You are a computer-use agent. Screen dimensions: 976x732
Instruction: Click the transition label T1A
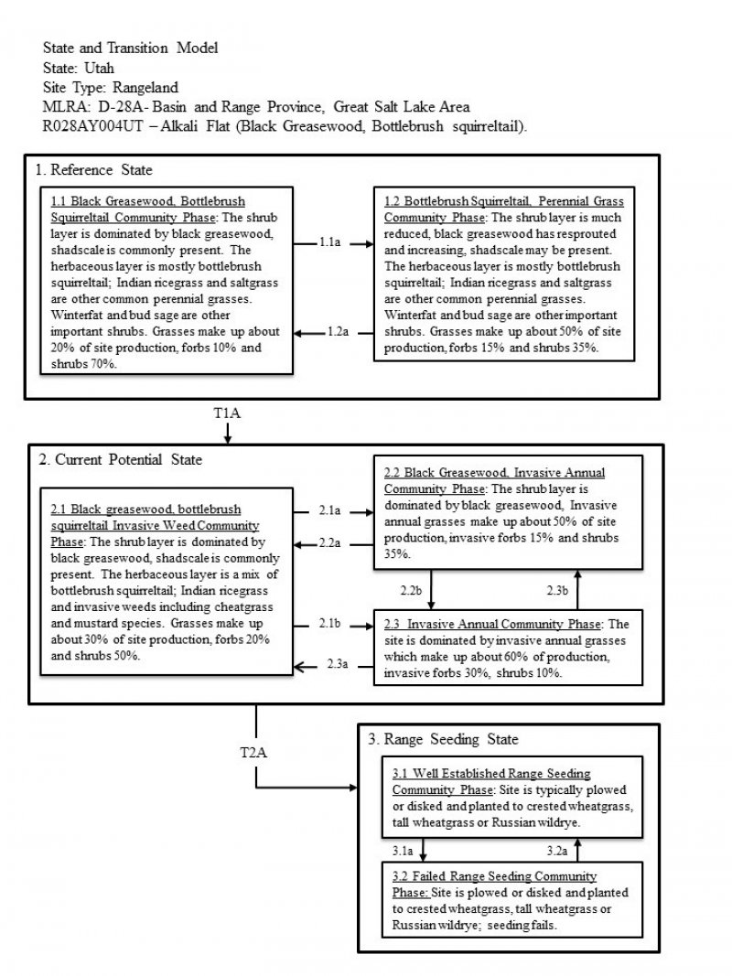226,413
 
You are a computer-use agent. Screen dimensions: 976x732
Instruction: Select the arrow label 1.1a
332,242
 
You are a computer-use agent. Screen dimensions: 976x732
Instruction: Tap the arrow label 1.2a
338,332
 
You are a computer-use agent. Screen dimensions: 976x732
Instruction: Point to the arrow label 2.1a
329,509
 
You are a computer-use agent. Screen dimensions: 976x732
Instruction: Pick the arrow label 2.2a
329,543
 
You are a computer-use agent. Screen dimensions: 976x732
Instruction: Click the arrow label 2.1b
329,623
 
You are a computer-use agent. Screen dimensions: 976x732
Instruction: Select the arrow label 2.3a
338,663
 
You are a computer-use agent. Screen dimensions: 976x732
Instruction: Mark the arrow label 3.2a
558,851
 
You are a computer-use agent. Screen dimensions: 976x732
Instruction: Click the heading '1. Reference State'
94,170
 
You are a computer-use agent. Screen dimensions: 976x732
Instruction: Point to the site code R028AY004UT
84,125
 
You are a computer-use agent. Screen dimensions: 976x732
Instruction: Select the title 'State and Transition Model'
130,48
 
